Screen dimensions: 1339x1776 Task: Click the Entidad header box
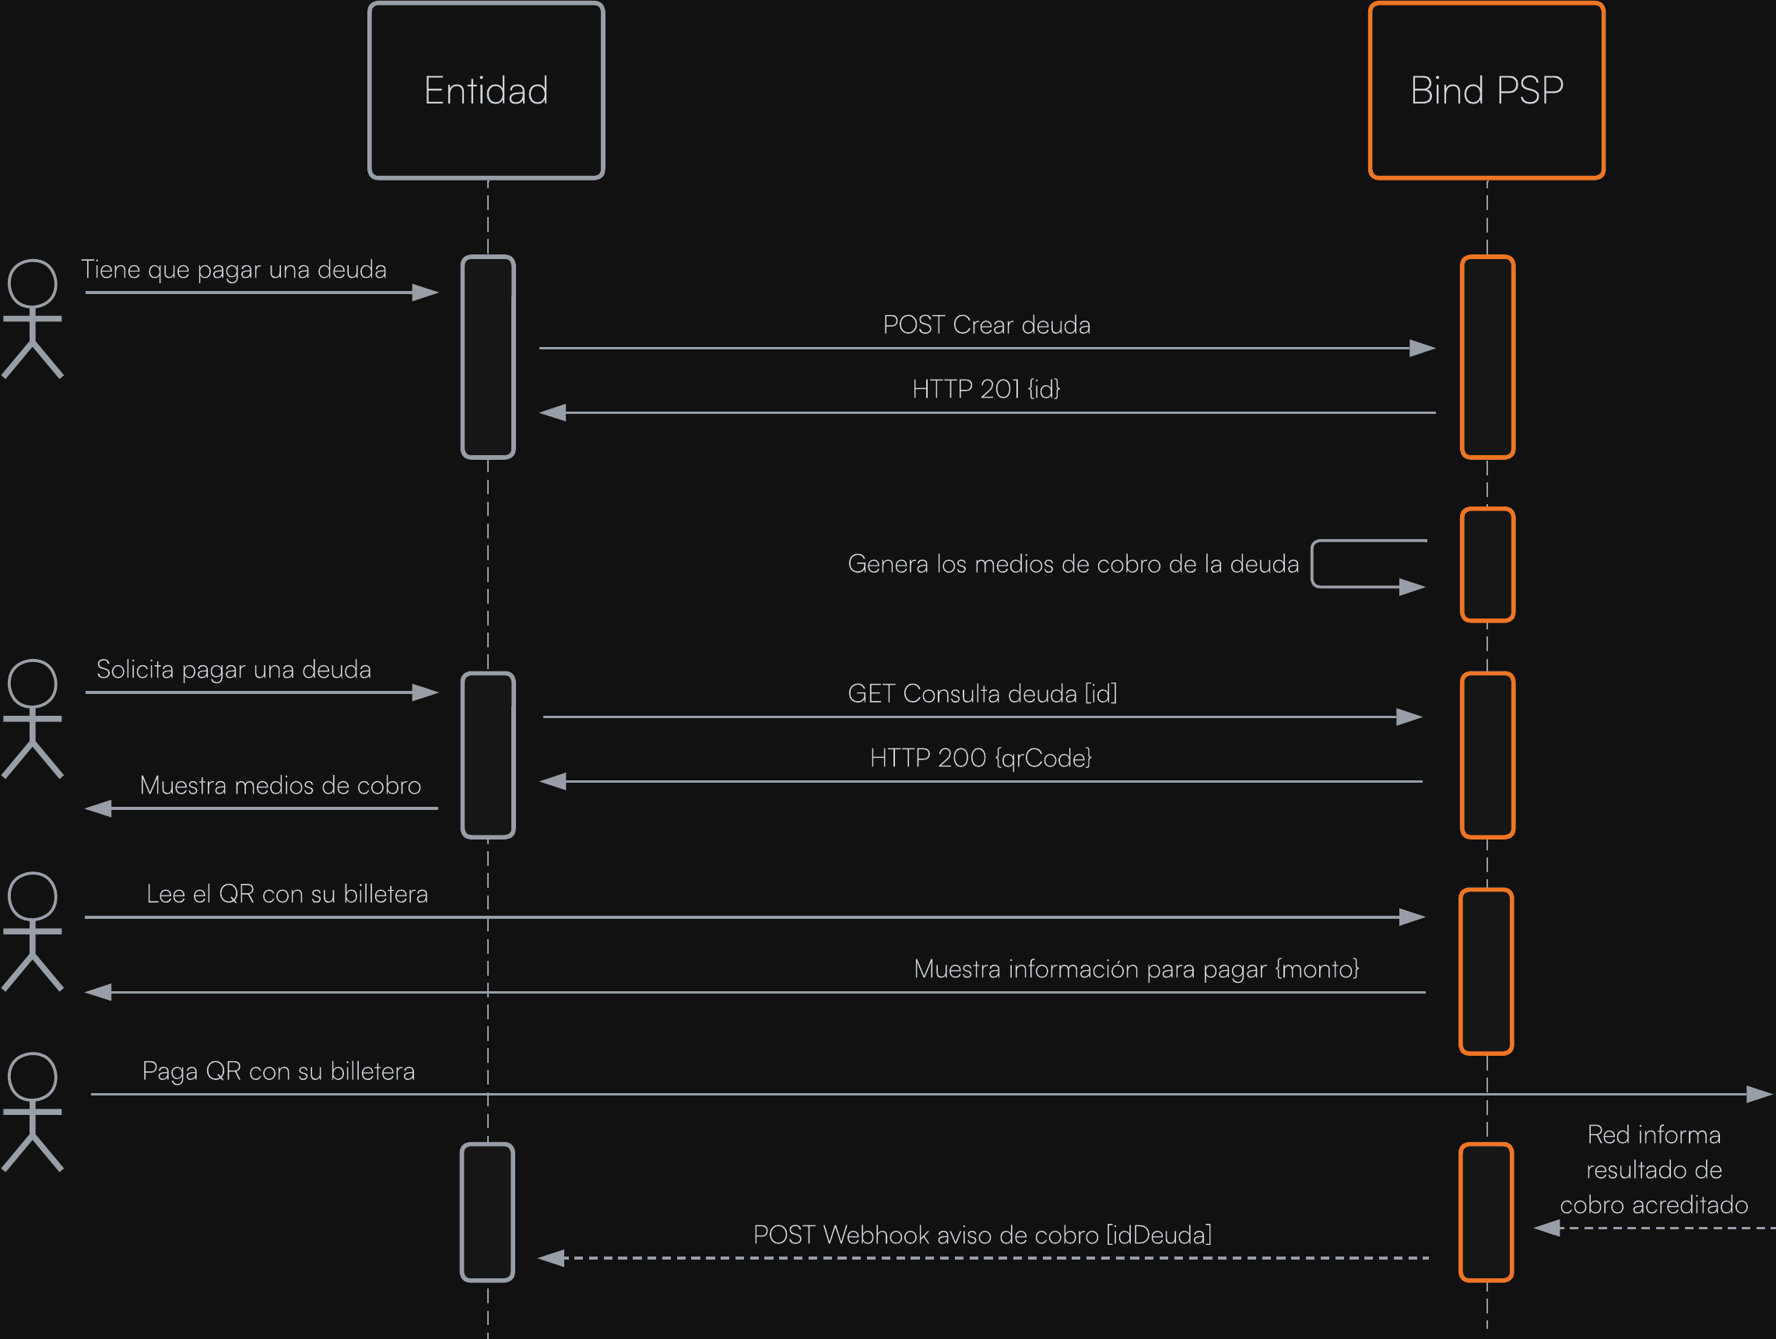pos(486,90)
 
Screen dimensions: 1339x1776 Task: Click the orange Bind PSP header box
pos(1486,90)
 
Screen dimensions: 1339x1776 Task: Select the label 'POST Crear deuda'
pos(986,325)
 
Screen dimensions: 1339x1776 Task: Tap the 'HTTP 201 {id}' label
pos(986,389)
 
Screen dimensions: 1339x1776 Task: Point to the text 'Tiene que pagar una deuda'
pos(233,270)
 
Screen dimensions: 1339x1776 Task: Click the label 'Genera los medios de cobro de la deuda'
pos(1072,564)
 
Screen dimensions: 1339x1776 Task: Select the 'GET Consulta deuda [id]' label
pos(982,693)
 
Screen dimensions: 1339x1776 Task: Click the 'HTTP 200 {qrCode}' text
pos(981,758)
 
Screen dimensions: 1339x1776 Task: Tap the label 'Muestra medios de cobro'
pos(280,785)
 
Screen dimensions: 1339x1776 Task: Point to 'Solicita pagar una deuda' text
pos(233,669)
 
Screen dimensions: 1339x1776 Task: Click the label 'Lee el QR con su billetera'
pos(286,894)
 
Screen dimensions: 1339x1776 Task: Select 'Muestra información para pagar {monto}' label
pos(1136,969)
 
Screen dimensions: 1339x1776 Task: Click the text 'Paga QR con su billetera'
pos(278,1071)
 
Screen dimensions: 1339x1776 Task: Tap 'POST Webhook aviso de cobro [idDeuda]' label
pos(982,1235)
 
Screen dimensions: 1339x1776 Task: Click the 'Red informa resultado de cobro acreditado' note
pos(1653,1169)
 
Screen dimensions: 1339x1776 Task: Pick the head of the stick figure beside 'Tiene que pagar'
pos(32,283)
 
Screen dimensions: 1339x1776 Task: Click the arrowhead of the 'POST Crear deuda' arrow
pos(1422,349)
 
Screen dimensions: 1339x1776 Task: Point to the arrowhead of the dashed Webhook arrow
pos(552,1258)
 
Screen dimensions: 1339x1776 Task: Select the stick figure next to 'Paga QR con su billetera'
pos(32,1112)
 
